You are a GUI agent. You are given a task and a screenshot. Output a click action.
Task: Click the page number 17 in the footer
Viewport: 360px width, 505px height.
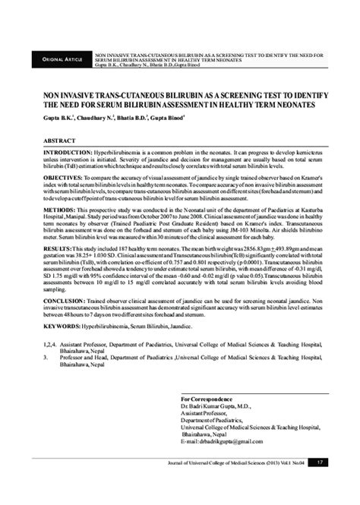tap(322, 483)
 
